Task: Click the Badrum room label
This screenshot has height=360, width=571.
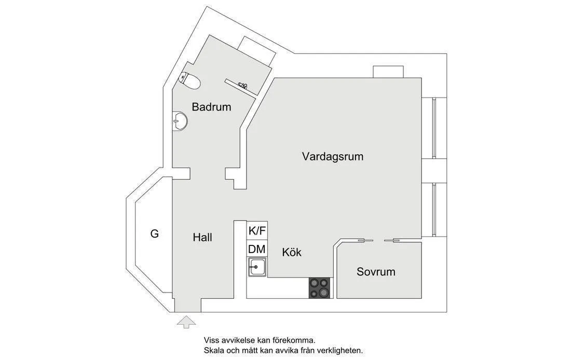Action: coord(211,107)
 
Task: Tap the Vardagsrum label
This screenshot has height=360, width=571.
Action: coord(332,157)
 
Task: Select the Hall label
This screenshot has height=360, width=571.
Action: coord(202,238)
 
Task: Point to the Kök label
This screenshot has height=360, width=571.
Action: coord(292,252)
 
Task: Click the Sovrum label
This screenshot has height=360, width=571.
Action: coord(376,272)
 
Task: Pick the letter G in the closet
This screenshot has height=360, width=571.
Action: coord(154,234)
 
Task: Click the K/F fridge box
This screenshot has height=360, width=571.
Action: coord(257,230)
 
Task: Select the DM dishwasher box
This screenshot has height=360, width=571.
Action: coord(257,249)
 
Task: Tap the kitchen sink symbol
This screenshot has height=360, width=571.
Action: coord(257,267)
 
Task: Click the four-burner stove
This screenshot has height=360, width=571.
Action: coord(320,288)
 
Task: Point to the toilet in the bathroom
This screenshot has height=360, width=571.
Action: coord(191,80)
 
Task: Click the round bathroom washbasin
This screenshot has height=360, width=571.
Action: coord(180,120)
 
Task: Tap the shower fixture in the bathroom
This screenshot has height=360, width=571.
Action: coord(243,86)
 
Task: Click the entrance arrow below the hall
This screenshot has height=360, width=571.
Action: coord(186,322)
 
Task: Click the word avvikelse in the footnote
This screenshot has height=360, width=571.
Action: coord(237,341)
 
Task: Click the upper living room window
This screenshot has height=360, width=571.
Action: coord(434,128)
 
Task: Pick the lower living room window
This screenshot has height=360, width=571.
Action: coord(434,210)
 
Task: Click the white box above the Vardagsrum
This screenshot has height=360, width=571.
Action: coord(388,72)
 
